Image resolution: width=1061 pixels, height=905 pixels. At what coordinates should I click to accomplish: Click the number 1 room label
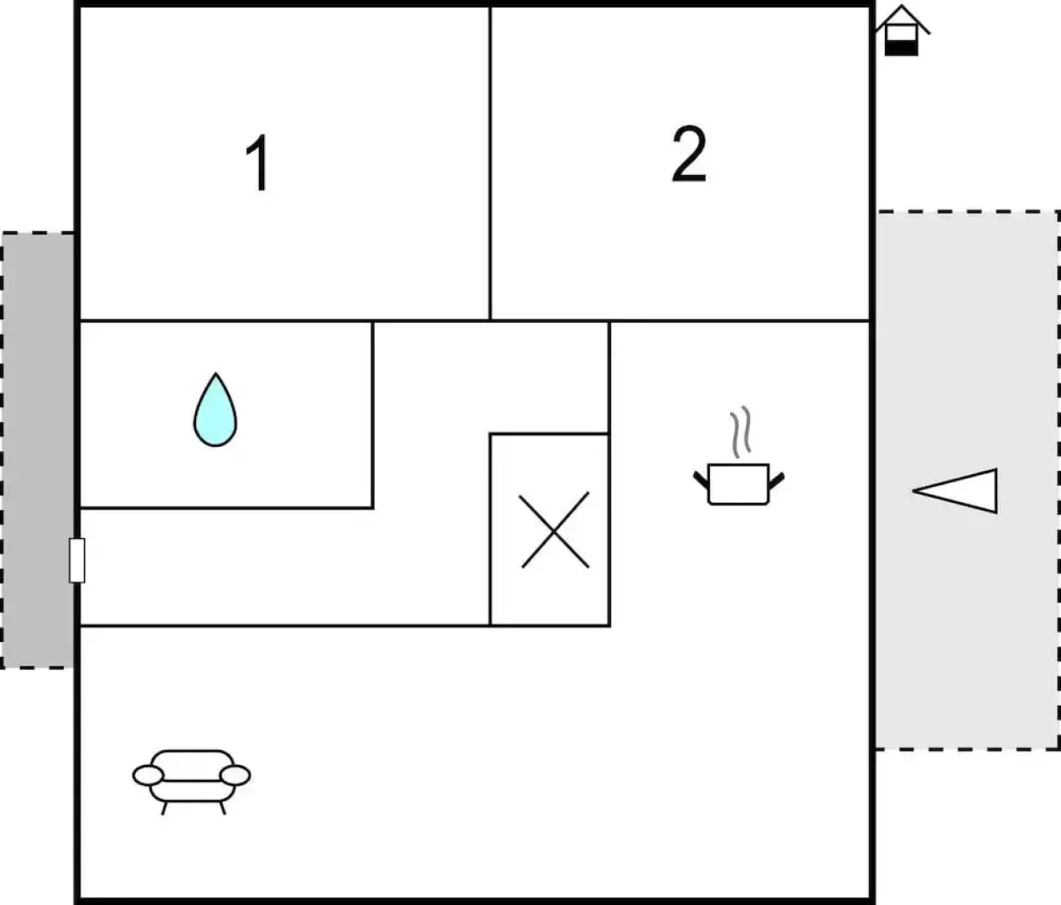pyautogui.click(x=259, y=163)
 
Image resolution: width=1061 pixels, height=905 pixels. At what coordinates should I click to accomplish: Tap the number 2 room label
pyautogui.click(x=689, y=154)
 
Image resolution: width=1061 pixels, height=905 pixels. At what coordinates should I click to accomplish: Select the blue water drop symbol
pyautogui.click(x=215, y=410)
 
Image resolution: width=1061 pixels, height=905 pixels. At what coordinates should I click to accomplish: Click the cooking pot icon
pyautogui.click(x=738, y=484)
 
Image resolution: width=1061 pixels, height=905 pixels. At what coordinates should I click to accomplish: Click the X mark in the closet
pyautogui.click(x=554, y=530)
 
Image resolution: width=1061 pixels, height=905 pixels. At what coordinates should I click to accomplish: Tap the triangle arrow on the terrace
pyautogui.click(x=955, y=491)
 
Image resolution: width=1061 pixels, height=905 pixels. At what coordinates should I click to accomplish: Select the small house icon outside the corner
pyautogui.click(x=902, y=30)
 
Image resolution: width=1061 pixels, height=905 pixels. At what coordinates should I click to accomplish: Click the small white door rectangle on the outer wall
pyautogui.click(x=77, y=561)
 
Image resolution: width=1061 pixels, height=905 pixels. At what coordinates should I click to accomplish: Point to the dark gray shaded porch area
pyautogui.click(x=38, y=451)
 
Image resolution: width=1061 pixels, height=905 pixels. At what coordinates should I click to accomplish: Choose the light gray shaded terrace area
pyautogui.click(x=968, y=480)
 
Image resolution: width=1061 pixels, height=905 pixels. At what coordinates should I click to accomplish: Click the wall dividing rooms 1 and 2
pyautogui.click(x=490, y=163)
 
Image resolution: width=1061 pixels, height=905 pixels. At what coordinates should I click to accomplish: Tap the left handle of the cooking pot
pyautogui.click(x=701, y=479)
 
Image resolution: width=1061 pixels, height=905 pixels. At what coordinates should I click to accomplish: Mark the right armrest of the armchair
pyautogui.click(x=235, y=775)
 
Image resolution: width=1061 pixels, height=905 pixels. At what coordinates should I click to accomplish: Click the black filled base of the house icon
pyautogui.click(x=902, y=49)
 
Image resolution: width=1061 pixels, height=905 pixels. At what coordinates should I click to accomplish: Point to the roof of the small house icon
pyautogui.click(x=903, y=18)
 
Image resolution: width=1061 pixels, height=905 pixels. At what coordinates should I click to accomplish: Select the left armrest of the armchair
pyautogui.click(x=148, y=775)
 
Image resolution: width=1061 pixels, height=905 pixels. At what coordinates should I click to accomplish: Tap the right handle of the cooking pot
pyautogui.click(x=776, y=480)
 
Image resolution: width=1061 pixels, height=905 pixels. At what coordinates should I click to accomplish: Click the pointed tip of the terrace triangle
pyautogui.click(x=913, y=491)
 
